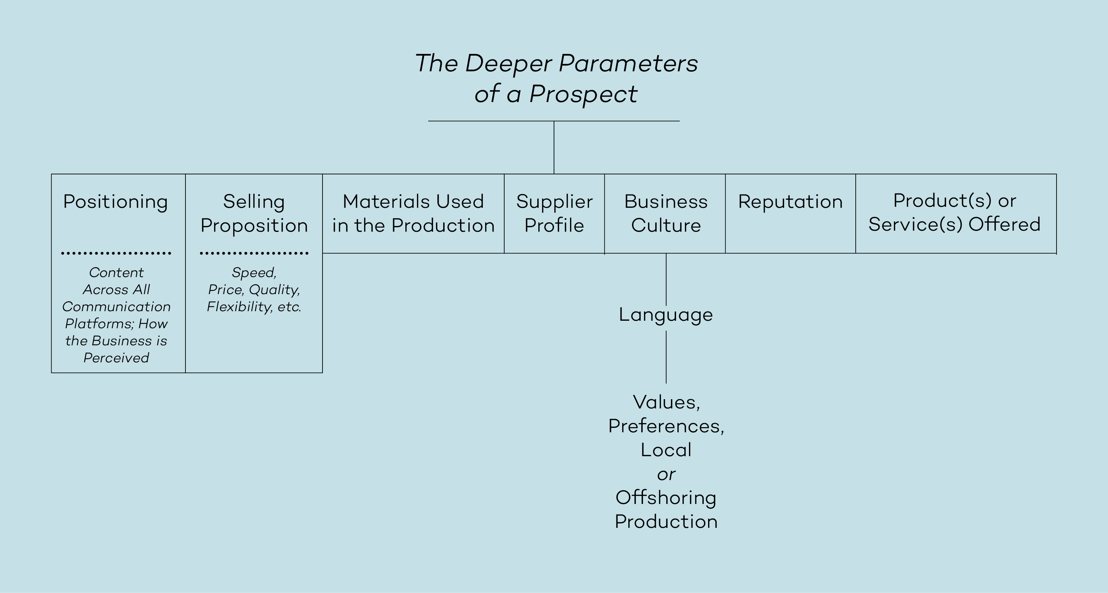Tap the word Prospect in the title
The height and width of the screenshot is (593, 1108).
click(x=583, y=94)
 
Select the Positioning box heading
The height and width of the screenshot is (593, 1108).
click(x=115, y=201)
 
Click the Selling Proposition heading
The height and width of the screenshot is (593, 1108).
click(x=254, y=214)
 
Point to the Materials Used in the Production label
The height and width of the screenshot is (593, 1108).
click(x=413, y=214)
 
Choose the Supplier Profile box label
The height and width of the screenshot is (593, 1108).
click(x=554, y=214)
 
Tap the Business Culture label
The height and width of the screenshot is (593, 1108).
click(x=666, y=214)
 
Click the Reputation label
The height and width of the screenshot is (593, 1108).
click(x=790, y=201)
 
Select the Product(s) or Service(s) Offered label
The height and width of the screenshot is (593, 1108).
click(x=955, y=213)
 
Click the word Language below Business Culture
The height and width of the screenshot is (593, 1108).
click(x=666, y=315)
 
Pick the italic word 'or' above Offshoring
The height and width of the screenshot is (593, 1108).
click(x=666, y=474)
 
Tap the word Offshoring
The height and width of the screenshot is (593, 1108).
click(x=666, y=498)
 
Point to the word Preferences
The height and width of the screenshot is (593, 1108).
click(x=666, y=426)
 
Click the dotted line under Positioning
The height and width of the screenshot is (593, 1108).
click(x=116, y=254)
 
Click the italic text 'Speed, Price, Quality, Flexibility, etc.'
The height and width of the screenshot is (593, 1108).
click(x=254, y=290)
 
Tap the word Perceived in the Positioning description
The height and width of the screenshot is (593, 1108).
click(x=116, y=358)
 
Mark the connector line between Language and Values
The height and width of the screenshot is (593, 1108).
click(x=666, y=357)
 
